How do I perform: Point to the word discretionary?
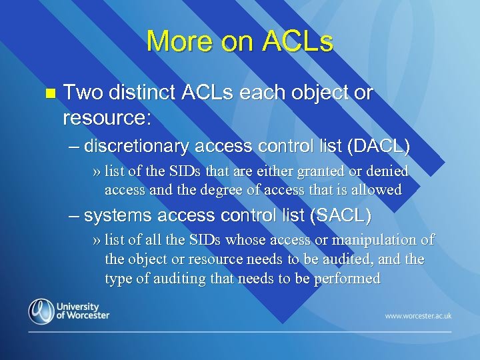[x=137, y=145]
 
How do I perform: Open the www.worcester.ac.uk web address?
[x=418, y=315]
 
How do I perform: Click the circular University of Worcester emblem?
[x=41, y=311]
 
